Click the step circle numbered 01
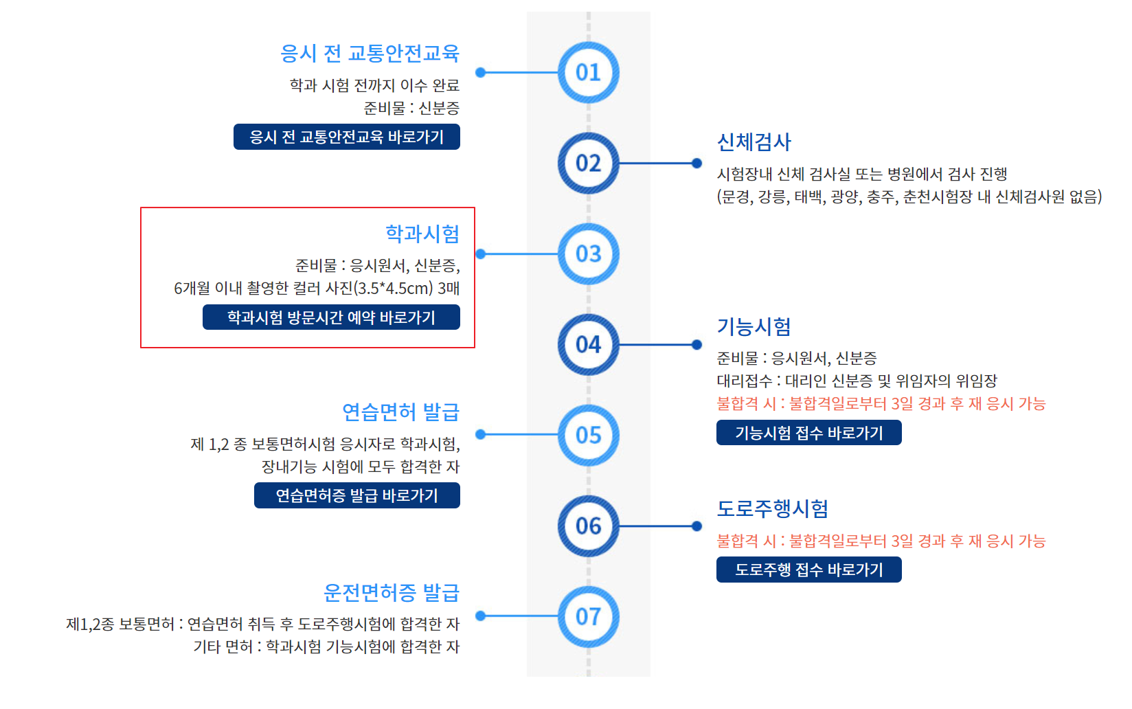point(588,72)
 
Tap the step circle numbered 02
point(588,164)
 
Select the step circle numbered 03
point(588,254)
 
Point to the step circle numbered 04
point(588,345)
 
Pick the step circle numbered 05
point(588,436)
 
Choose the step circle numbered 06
point(588,526)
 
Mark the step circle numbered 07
point(588,617)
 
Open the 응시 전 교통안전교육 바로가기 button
point(346,137)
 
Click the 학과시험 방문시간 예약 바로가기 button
point(331,317)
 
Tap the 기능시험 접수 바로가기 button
point(808,433)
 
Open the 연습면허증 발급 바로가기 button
point(356,495)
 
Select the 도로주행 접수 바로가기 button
point(808,570)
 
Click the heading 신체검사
point(754,142)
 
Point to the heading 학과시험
point(422,234)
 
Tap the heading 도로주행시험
point(772,509)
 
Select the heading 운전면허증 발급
point(391,592)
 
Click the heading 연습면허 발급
point(400,412)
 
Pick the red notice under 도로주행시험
point(881,541)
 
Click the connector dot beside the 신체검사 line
point(697,164)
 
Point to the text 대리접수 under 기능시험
point(745,381)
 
